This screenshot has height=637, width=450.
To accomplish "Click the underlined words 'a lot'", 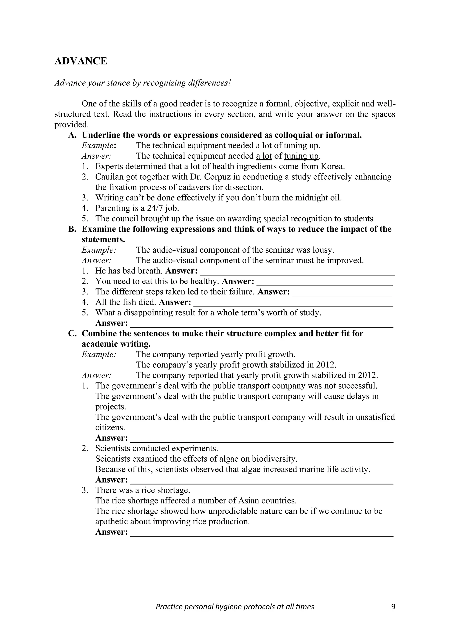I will pyautogui.click(x=264, y=156).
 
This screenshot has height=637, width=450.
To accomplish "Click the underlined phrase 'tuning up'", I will pyautogui.click(x=301, y=156).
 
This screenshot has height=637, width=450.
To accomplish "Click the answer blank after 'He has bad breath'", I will pyautogui.click(x=297, y=271).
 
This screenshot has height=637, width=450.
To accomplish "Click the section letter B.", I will pyautogui.click(x=72, y=229).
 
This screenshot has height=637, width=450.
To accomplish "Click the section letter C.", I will pyautogui.click(x=72, y=334).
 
